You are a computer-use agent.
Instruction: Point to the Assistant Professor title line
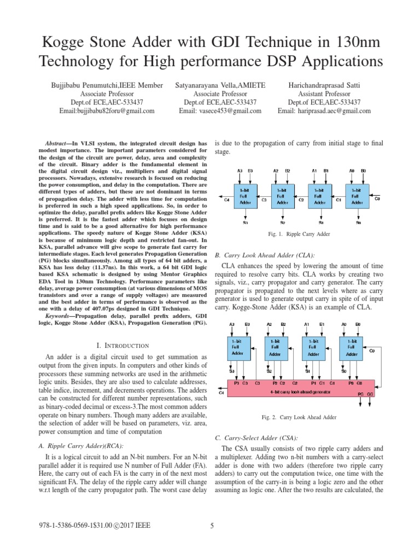[x=324, y=94]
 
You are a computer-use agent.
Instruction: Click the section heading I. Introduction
[x=122, y=345]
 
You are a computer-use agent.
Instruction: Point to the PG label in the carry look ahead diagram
[x=361, y=393]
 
